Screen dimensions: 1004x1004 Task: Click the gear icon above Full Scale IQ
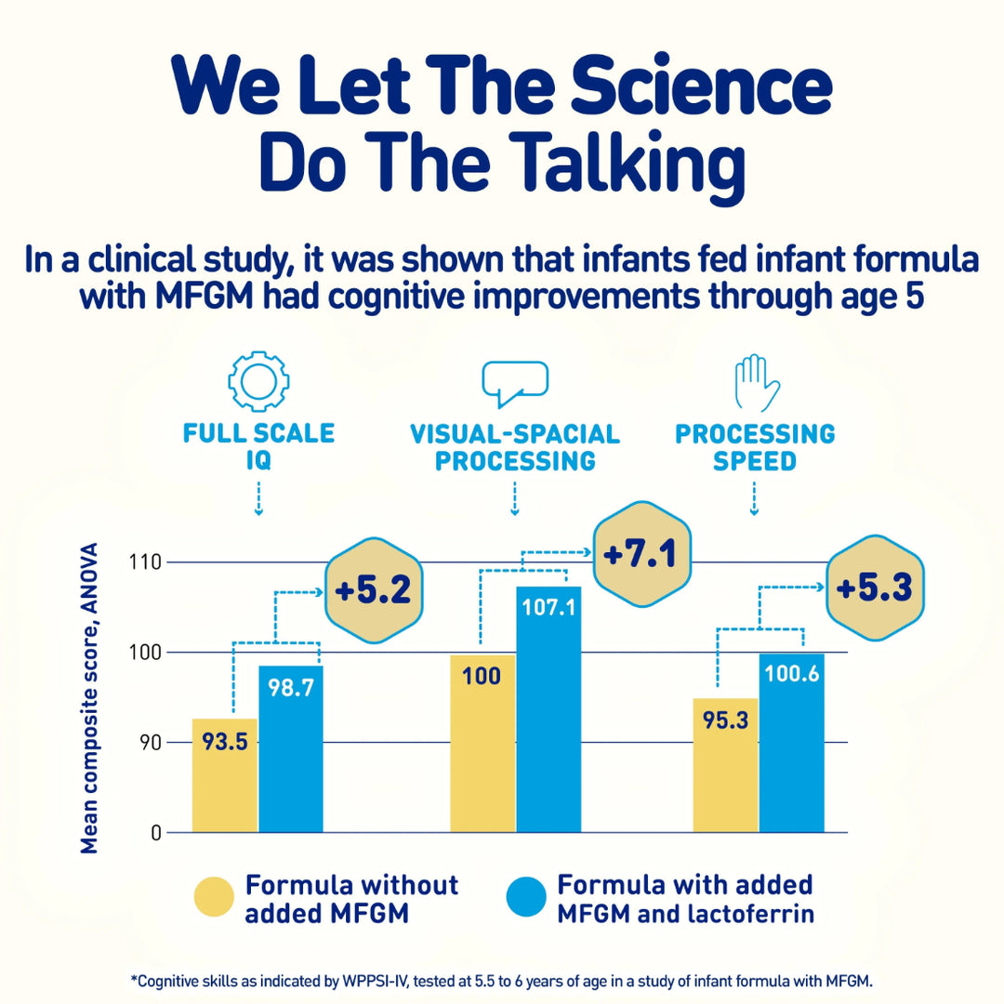coord(258,382)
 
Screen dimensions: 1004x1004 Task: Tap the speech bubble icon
coord(514,382)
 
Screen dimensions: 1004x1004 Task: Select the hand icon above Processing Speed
coord(754,381)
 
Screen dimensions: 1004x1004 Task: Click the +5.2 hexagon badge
coord(372,592)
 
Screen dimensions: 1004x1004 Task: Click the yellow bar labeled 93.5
coord(225,776)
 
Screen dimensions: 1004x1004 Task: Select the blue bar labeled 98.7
coord(291,748)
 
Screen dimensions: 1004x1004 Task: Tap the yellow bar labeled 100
coord(482,744)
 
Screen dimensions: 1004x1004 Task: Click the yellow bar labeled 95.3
coord(725,764)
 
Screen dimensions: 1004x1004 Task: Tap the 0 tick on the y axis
coord(157,833)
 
